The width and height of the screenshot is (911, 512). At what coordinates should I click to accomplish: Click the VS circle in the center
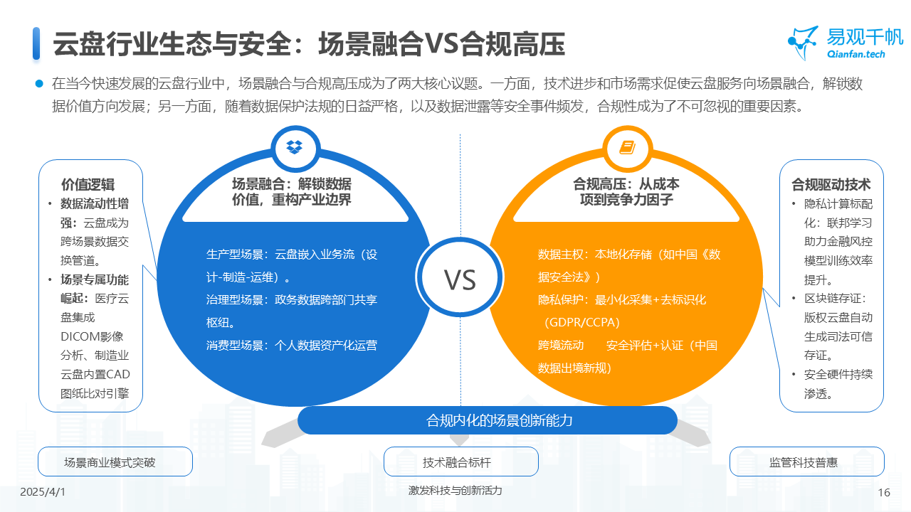[460, 279]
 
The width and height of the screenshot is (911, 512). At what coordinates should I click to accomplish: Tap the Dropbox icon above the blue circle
[295, 147]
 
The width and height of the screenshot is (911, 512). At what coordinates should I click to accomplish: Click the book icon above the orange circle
[626, 147]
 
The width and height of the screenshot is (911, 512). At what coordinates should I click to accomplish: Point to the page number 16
[885, 492]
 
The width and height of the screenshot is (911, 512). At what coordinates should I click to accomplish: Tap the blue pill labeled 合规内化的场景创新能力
[488, 420]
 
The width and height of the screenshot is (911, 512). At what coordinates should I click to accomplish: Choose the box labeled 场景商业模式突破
[115, 462]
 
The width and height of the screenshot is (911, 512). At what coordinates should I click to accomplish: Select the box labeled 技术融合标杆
[460, 462]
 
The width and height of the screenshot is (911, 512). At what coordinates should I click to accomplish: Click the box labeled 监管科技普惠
[807, 462]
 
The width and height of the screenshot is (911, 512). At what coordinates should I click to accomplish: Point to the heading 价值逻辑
[88, 184]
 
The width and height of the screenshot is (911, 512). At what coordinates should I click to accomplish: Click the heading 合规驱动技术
[831, 184]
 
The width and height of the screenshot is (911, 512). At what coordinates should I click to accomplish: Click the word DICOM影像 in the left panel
[92, 336]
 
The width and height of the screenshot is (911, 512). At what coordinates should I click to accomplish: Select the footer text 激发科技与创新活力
[455, 491]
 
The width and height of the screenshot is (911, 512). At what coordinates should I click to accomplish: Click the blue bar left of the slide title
[36, 43]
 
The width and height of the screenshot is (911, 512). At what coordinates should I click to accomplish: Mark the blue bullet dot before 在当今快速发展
[40, 83]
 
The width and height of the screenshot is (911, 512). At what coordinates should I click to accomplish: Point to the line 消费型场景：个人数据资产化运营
[292, 346]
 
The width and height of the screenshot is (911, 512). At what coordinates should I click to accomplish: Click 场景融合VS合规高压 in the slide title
[442, 44]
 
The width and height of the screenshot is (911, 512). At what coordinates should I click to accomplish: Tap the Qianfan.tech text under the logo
[856, 54]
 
